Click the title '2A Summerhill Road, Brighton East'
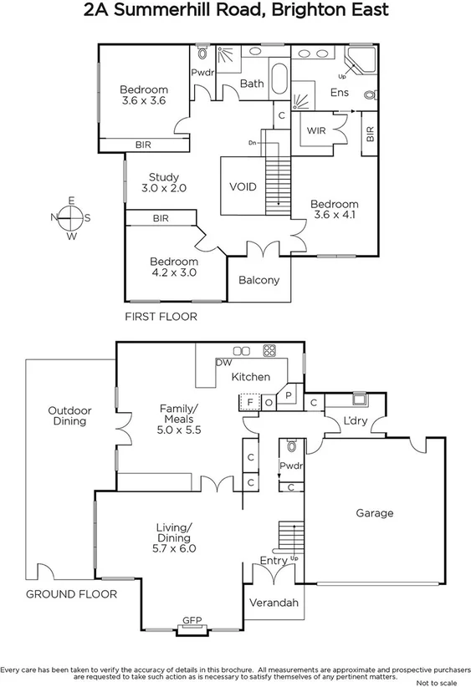pos(235,12)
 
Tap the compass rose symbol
pos(72,218)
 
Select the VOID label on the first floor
pos(243,186)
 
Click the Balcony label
pos(259,280)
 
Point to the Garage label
pos(374,512)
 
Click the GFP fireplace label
pos(192,621)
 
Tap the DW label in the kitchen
pos(223,363)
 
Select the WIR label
pos(316,131)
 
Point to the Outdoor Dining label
pos(69,415)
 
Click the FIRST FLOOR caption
pos(161,317)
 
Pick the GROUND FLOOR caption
pos(71,594)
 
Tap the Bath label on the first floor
pos(252,84)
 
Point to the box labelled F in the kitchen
pos(249,402)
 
